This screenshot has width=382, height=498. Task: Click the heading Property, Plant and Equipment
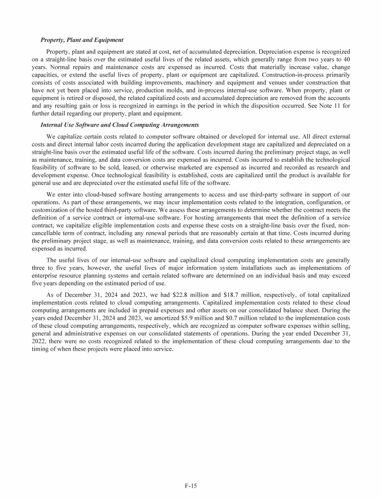(x=82, y=39)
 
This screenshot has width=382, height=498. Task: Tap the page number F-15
(x=191, y=483)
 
